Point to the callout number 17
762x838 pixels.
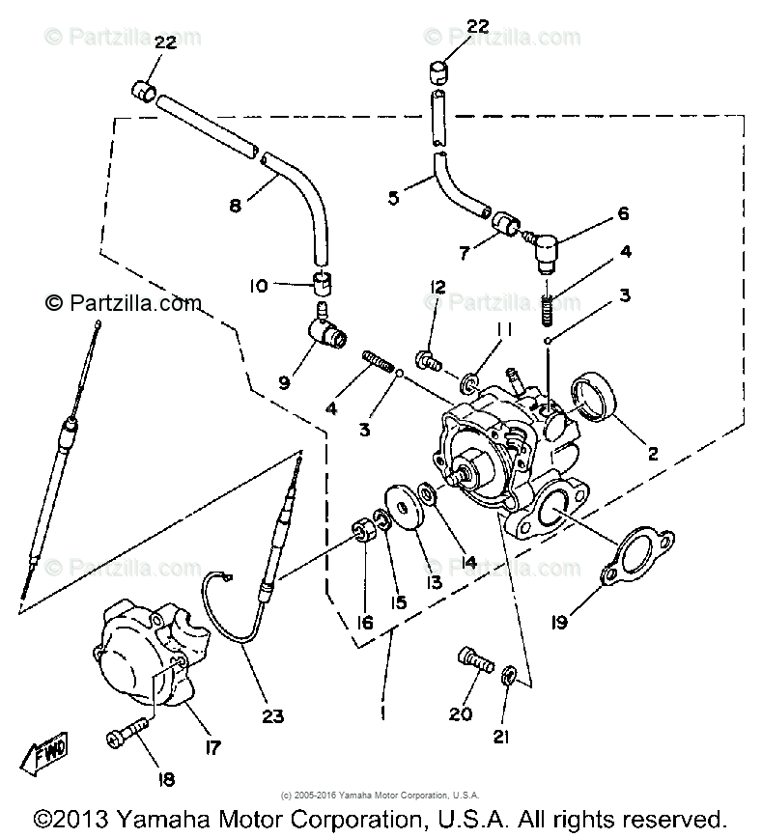(x=210, y=746)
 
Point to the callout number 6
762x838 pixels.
(x=622, y=214)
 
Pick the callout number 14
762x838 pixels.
(x=442, y=562)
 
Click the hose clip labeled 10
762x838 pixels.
(x=321, y=284)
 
